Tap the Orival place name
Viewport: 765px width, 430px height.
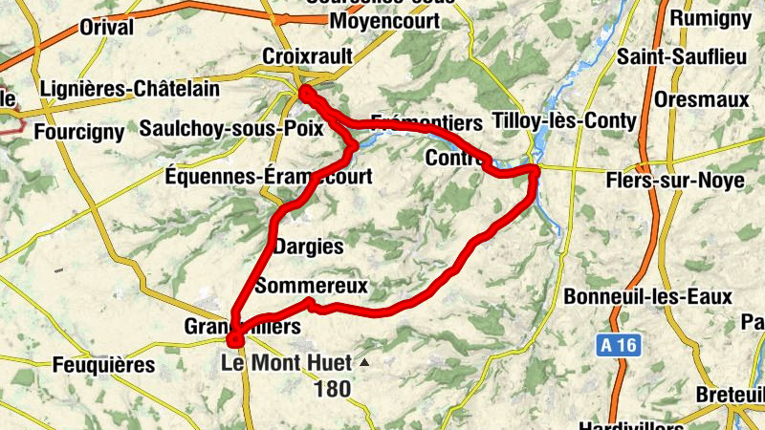106,28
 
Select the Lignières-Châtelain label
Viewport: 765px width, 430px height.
130,90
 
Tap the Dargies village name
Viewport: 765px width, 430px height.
308,247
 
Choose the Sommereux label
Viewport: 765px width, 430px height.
313,286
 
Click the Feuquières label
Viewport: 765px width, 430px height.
103,364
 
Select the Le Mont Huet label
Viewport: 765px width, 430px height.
284,363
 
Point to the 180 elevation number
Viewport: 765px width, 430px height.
331,389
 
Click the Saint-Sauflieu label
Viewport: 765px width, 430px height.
682,57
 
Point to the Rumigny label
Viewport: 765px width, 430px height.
710,17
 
